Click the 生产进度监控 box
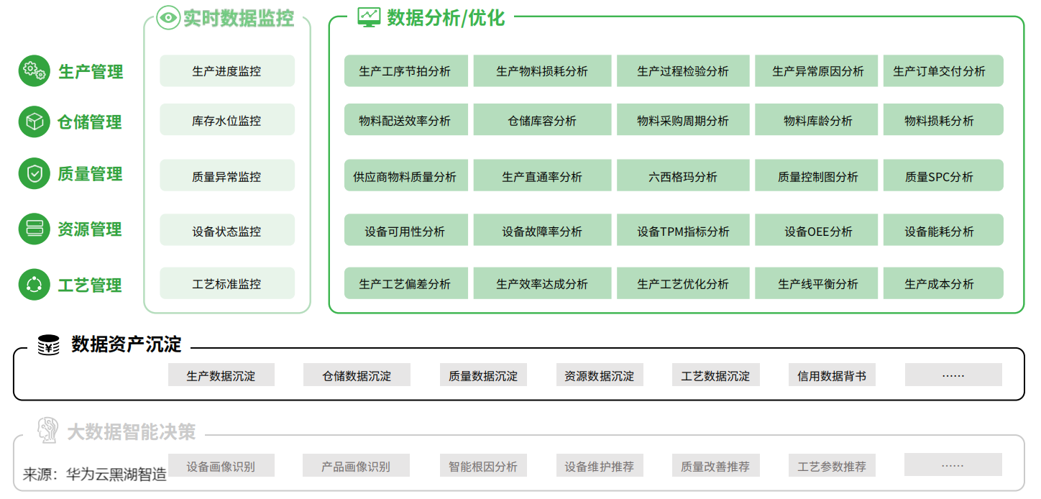(x=227, y=71)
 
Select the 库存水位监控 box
(x=227, y=120)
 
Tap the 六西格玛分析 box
(x=683, y=175)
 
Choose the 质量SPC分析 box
(x=943, y=175)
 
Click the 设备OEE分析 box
(x=816, y=230)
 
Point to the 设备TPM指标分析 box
(x=683, y=230)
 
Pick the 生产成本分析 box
(x=943, y=283)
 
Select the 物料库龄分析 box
(x=816, y=120)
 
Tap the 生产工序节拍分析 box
(x=405, y=71)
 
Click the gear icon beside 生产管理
(x=35, y=71)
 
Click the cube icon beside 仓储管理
(x=35, y=122)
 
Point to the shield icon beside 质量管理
(x=35, y=174)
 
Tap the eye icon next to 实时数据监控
(x=168, y=18)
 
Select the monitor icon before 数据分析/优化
(x=369, y=18)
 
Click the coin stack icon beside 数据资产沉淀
(x=48, y=344)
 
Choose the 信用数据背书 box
(x=832, y=375)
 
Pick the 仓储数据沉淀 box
(x=357, y=375)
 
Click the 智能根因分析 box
(x=483, y=465)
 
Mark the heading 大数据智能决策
(x=132, y=431)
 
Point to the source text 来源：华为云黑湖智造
(x=95, y=475)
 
